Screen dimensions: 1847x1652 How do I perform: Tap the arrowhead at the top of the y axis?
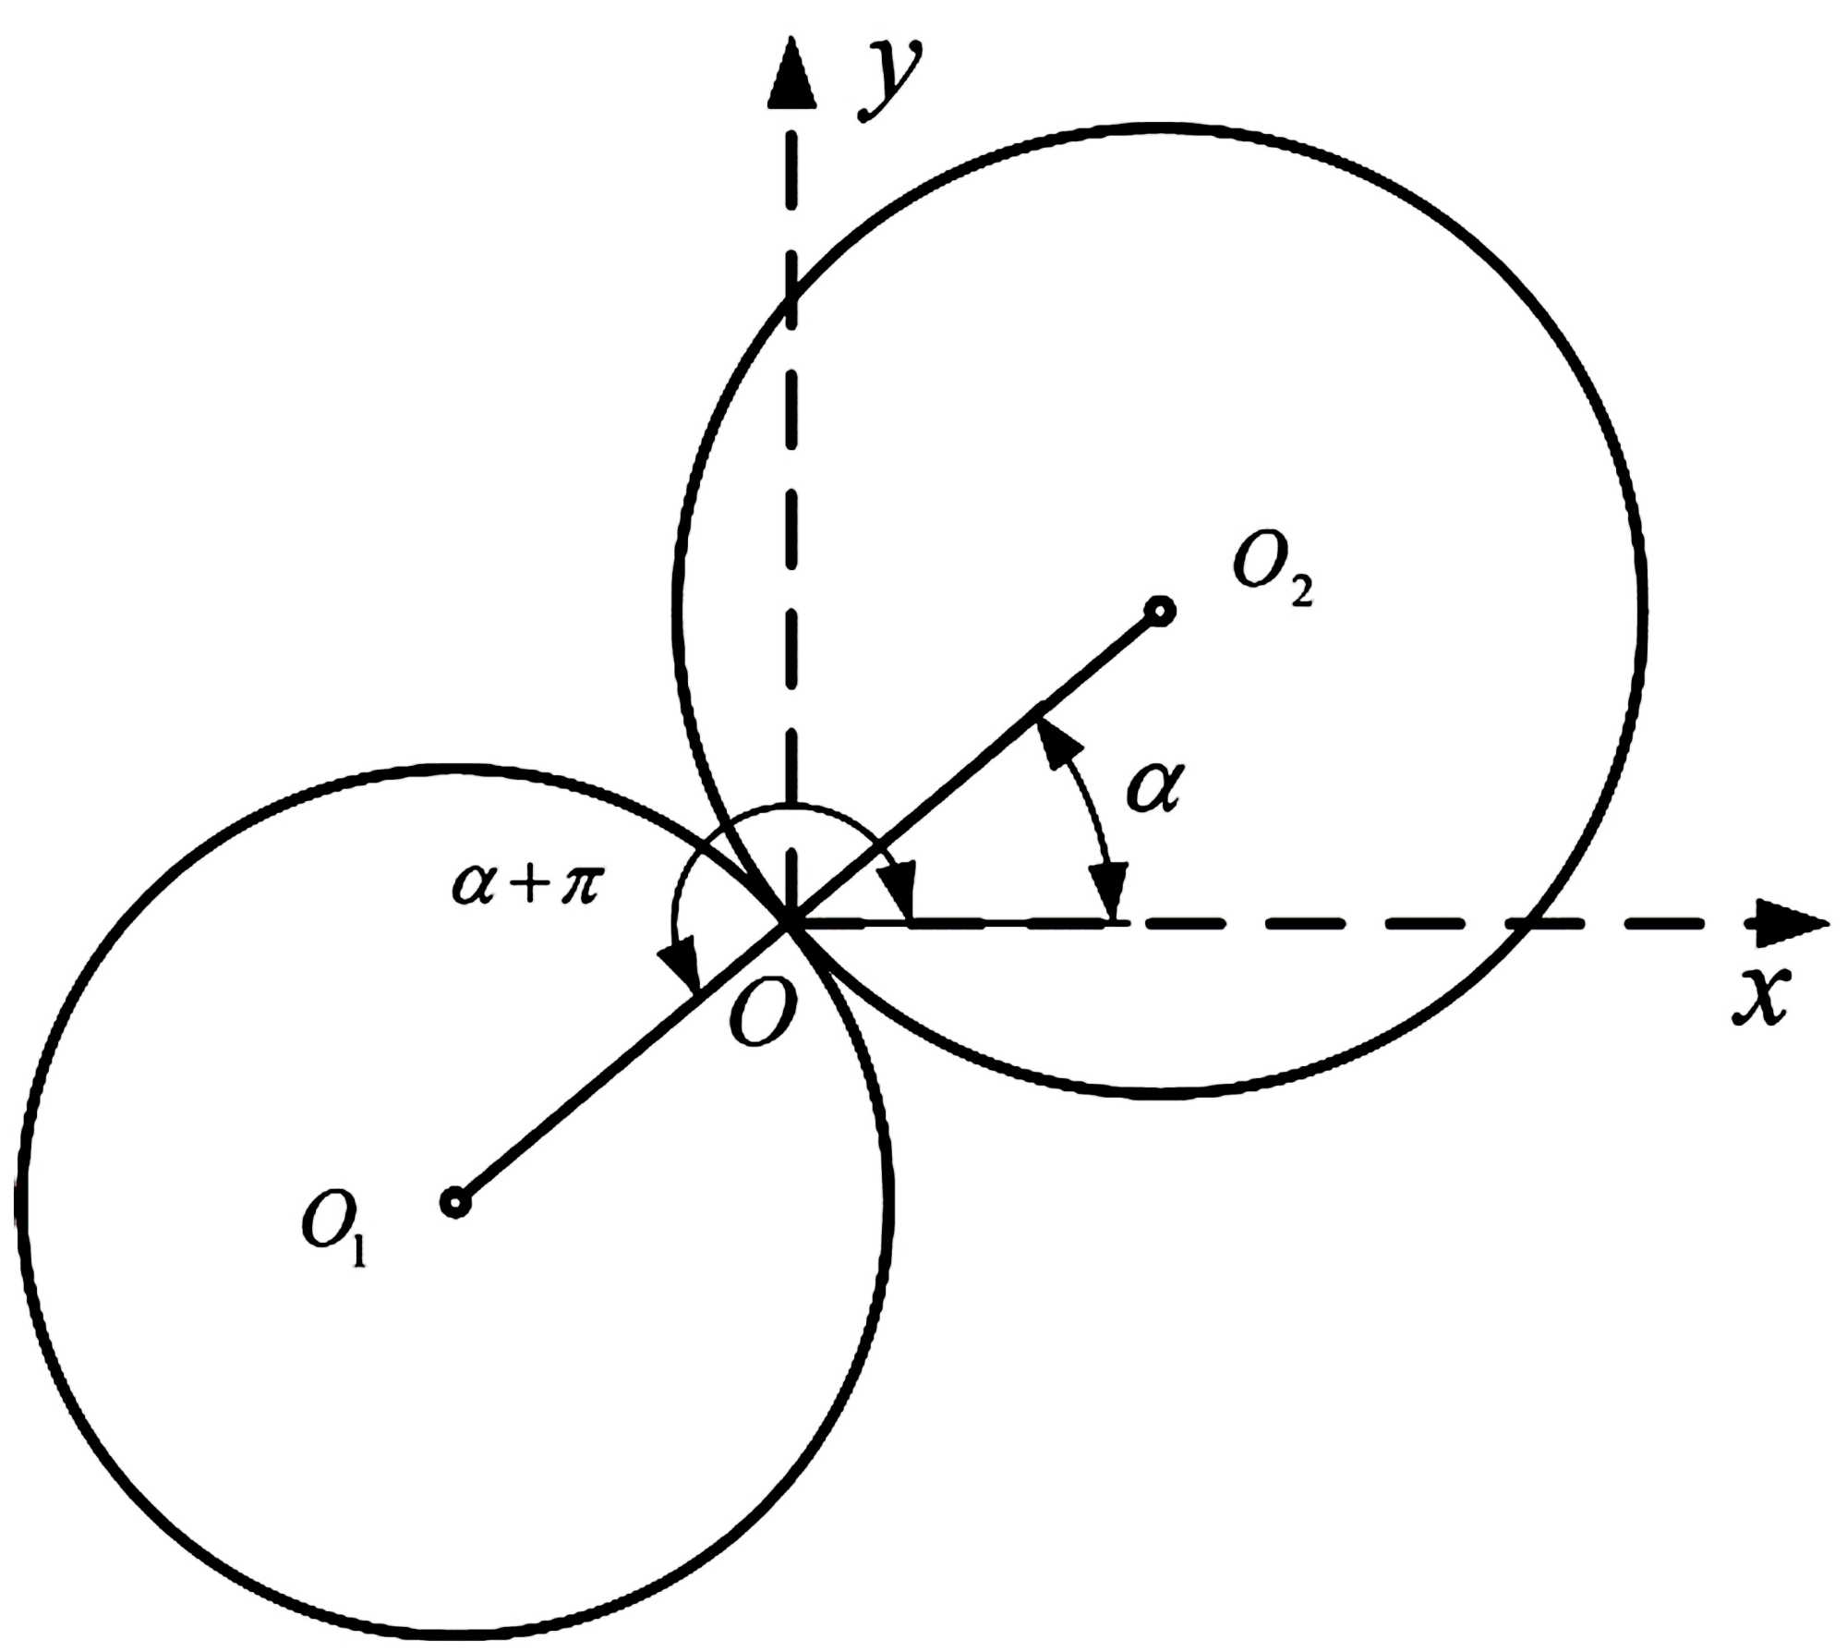pos(791,74)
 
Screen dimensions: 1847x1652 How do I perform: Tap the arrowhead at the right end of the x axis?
pos(1792,922)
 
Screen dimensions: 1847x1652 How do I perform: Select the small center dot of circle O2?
pos(1159,611)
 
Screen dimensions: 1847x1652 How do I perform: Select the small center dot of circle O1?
pos(455,1203)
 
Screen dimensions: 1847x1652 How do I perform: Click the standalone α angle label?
pos(1153,788)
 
